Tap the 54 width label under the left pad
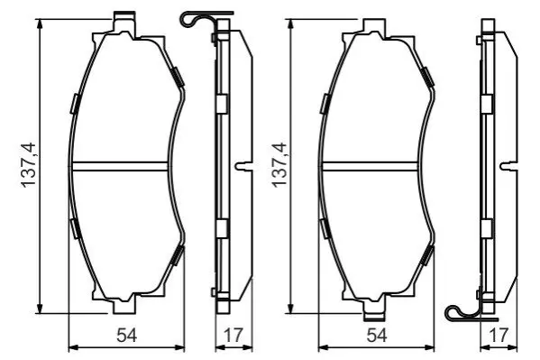127,335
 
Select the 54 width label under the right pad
377,335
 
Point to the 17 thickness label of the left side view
233,335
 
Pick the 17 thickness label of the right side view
499,335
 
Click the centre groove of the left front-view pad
120,166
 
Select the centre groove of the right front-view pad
370,166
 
